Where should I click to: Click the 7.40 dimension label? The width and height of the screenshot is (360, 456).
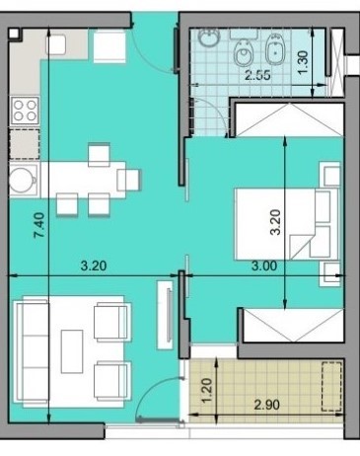[x=39, y=225]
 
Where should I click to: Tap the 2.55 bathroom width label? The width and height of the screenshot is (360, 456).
[x=258, y=75]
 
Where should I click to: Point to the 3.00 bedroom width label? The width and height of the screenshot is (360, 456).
[x=264, y=266]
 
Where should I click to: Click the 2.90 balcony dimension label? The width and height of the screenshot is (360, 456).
[x=267, y=405]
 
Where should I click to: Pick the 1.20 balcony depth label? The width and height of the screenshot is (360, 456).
[x=207, y=391]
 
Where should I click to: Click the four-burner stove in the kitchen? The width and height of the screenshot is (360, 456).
[x=25, y=111]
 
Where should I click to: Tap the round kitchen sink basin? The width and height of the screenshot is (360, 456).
[x=22, y=180]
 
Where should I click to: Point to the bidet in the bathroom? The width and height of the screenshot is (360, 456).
[x=275, y=49]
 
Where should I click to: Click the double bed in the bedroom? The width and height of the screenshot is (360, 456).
[x=287, y=224]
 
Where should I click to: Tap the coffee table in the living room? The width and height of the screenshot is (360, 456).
[x=72, y=351]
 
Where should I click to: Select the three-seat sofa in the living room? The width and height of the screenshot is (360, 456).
[x=32, y=351]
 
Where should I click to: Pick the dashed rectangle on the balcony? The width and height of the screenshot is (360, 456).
[x=331, y=386]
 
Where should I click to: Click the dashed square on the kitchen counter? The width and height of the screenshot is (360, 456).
[x=25, y=144]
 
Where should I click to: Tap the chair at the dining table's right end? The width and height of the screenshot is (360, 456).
[x=129, y=180]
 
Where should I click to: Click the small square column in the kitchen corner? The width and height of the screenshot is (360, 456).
[x=14, y=34]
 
